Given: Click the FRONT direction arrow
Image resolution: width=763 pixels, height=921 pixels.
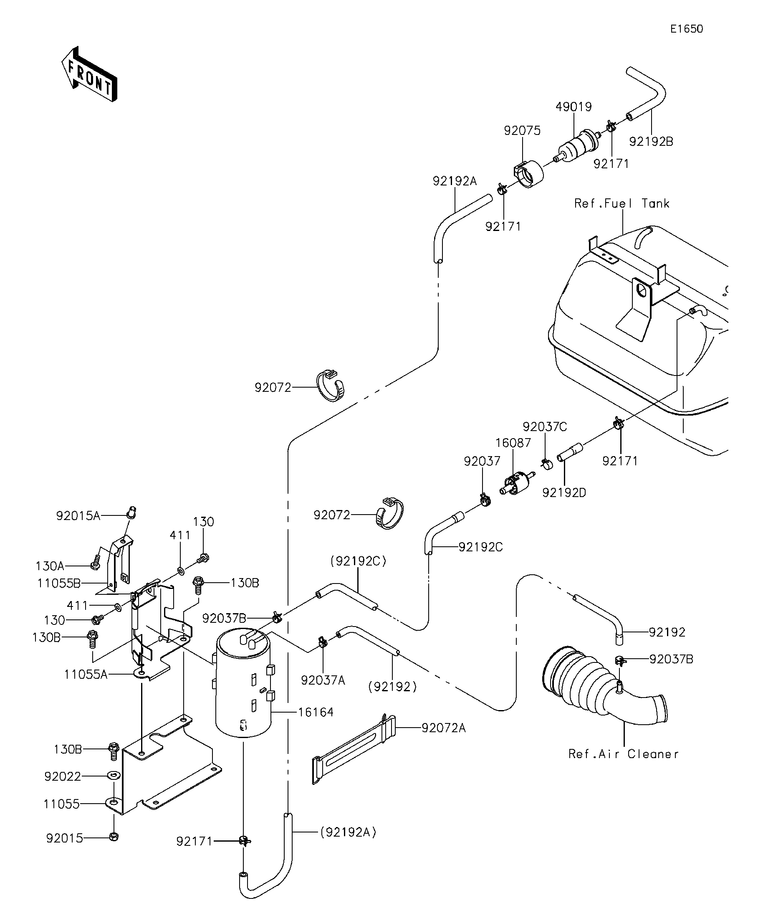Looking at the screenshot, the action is click(x=89, y=74).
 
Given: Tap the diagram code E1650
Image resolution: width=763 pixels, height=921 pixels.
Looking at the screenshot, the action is click(x=687, y=29).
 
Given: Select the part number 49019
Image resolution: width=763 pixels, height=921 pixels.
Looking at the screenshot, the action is click(x=574, y=107).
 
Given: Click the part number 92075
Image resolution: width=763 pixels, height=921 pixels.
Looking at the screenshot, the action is click(x=522, y=131).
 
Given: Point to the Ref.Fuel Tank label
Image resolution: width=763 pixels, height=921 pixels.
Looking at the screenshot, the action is click(x=622, y=203).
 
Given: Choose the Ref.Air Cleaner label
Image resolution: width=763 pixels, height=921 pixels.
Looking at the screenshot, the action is click(x=624, y=754).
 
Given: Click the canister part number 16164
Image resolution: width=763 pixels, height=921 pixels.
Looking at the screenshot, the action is click(x=316, y=712).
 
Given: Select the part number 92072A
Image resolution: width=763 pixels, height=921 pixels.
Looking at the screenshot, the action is click(x=444, y=728).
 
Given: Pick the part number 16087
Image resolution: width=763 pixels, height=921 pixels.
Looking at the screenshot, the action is click(x=513, y=443).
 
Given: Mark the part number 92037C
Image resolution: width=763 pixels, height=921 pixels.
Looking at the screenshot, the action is click(x=545, y=427).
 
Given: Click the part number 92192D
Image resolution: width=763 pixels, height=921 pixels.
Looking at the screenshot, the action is click(x=564, y=492).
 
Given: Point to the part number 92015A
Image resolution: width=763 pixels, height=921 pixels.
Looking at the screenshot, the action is click(x=78, y=516).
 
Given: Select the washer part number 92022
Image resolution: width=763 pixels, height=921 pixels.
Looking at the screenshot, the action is click(x=63, y=777).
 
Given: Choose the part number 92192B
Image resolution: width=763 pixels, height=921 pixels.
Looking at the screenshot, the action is click(x=651, y=142).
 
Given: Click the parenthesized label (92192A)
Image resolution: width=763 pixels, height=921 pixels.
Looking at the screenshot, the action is click(x=349, y=832).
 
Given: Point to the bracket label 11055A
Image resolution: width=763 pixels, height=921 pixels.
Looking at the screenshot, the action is click(x=86, y=674).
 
